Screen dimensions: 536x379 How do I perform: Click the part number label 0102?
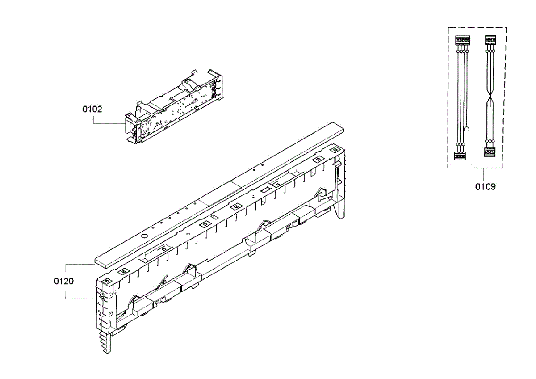92,109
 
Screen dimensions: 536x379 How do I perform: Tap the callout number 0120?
64,282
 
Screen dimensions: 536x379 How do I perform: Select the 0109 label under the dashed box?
485,187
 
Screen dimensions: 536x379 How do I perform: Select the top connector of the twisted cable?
490,40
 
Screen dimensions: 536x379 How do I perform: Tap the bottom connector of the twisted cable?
490,152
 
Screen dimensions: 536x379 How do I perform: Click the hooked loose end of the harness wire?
466,129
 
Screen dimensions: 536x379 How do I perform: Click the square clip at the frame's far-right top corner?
334,150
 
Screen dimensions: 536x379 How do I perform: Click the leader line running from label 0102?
107,122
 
